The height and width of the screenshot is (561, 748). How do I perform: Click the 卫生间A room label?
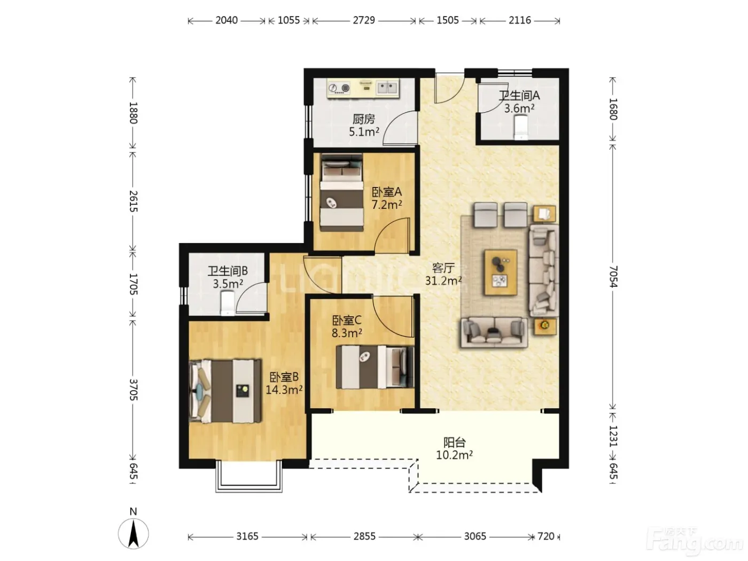[x=519, y=96]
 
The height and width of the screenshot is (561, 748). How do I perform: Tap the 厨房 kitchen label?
[x=364, y=119]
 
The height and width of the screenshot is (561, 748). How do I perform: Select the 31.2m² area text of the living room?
[x=443, y=280]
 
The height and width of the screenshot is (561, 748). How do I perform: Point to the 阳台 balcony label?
[x=455, y=442]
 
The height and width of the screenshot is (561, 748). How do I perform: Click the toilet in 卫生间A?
[x=521, y=127]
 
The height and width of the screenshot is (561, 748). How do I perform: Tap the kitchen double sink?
[x=387, y=88]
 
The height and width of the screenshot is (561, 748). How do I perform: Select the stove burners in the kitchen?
[x=339, y=88]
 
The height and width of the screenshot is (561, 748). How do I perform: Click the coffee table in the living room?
[x=501, y=272]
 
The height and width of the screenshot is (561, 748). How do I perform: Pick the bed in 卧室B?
[x=225, y=391]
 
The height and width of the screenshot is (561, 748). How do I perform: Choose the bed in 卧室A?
[x=341, y=192]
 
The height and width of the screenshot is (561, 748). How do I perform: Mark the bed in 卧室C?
[x=375, y=367]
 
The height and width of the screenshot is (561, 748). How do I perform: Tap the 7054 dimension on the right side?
[x=613, y=277]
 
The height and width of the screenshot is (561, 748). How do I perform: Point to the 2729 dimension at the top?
[x=364, y=20]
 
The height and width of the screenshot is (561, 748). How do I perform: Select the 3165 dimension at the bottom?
[x=247, y=536]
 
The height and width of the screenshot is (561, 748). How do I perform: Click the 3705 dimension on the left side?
[x=133, y=389]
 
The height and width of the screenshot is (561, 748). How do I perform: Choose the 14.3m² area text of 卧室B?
[x=284, y=389]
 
